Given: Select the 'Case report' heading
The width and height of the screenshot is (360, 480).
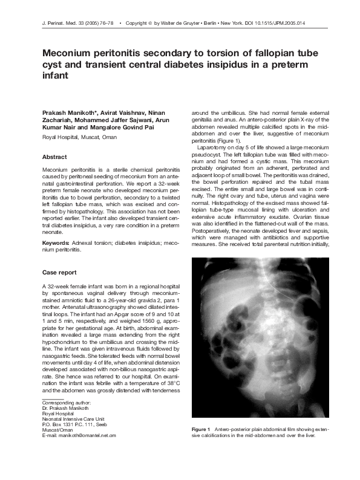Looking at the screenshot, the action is click(x=59, y=271).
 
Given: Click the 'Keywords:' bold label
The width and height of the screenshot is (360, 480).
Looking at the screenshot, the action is click(x=56, y=242).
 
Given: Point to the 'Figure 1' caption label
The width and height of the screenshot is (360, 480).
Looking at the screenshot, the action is click(x=201, y=429).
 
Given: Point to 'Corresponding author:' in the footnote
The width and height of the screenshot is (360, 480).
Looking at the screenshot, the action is click(x=64, y=402).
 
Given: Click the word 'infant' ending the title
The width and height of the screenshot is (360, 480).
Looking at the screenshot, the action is click(x=55, y=77).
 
